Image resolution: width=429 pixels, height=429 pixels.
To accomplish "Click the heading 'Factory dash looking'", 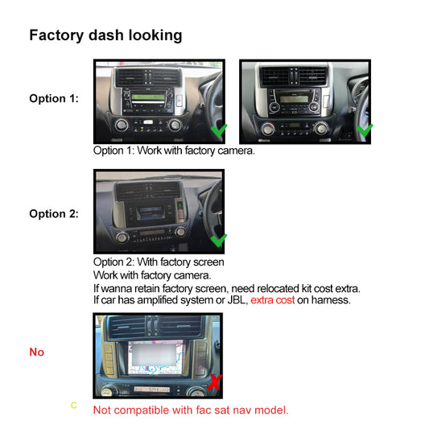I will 105,35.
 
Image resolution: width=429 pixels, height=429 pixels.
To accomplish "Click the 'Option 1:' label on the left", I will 54,98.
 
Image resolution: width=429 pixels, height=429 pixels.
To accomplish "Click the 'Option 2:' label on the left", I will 54,213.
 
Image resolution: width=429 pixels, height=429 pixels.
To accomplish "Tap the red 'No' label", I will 37,353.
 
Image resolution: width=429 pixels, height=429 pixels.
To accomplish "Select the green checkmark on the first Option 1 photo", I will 218,130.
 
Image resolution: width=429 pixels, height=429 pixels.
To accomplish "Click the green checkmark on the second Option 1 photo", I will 364,130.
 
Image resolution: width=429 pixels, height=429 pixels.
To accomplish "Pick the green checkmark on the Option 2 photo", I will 217,240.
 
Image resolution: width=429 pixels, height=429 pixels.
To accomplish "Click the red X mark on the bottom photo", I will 214,383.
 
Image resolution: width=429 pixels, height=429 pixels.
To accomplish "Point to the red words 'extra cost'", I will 273,300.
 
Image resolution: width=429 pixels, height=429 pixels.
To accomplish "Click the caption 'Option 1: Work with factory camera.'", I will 174,151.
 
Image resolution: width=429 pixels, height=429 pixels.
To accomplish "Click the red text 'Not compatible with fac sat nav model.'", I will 190,410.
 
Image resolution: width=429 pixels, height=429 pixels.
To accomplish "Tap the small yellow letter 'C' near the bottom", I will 74,405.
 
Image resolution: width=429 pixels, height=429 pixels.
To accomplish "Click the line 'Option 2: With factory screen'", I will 159,262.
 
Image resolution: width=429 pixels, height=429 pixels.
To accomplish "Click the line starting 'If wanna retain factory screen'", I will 226,287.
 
